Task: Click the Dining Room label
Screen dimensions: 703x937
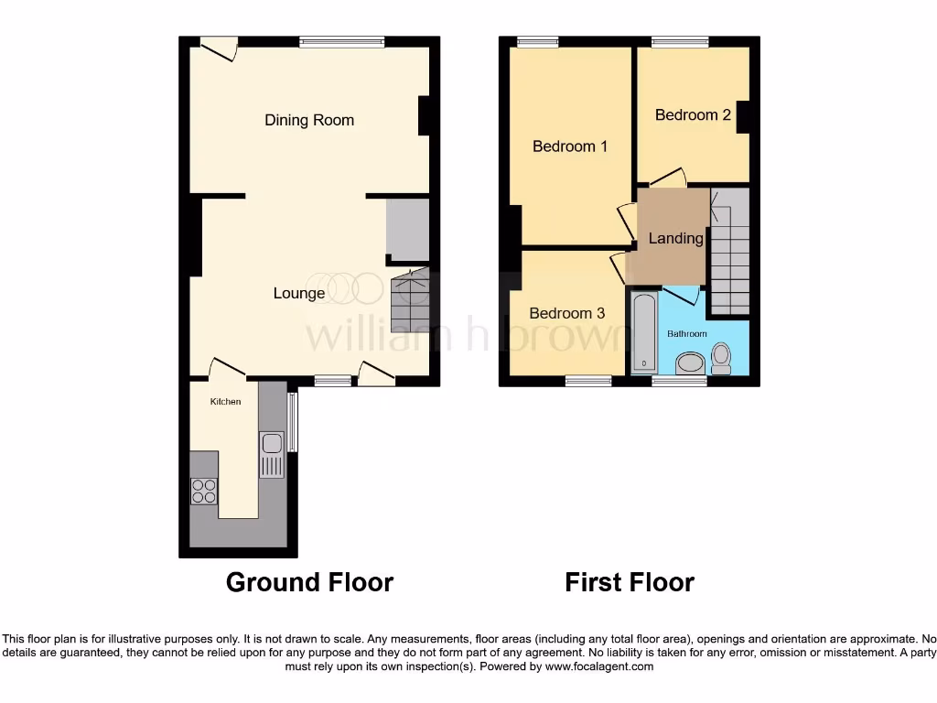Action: pyautogui.click(x=308, y=120)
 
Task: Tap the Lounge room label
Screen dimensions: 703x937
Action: pyautogui.click(x=299, y=293)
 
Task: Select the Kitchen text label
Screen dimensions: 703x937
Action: pyautogui.click(x=225, y=402)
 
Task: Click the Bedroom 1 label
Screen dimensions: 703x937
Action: pyautogui.click(x=570, y=146)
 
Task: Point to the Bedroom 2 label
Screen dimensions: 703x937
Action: pyautogui.click(x=693, y=114)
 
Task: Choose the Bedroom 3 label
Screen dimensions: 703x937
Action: pyautogui.click(x=566, y=313)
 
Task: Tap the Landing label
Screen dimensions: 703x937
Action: pyautogui.click(x=675, y=238)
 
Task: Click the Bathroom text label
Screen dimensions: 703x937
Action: pyautogui.click(x=686, y=334)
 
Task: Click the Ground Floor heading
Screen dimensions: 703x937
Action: pyautogui.click(x=309, y=582)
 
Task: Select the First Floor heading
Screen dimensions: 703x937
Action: pyautogui.click(x=630, y=582)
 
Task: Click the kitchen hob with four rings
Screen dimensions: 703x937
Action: pyautogui.click(x=204, y=492)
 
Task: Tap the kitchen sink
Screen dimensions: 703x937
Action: pyautogui.click(x=273, y=455)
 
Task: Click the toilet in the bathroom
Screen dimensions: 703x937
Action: pyautogui.click(x=721, y=358)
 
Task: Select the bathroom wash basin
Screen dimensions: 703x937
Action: pyautogui.click(x=689, y=365)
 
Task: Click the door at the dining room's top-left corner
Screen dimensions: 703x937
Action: pyautogui.click(x=220, y=48)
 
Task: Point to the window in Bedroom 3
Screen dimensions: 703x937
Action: pyautogui.click(x=587, y=381)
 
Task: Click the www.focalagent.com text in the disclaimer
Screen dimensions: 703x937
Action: pyautogui.click(x=598, y=667)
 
